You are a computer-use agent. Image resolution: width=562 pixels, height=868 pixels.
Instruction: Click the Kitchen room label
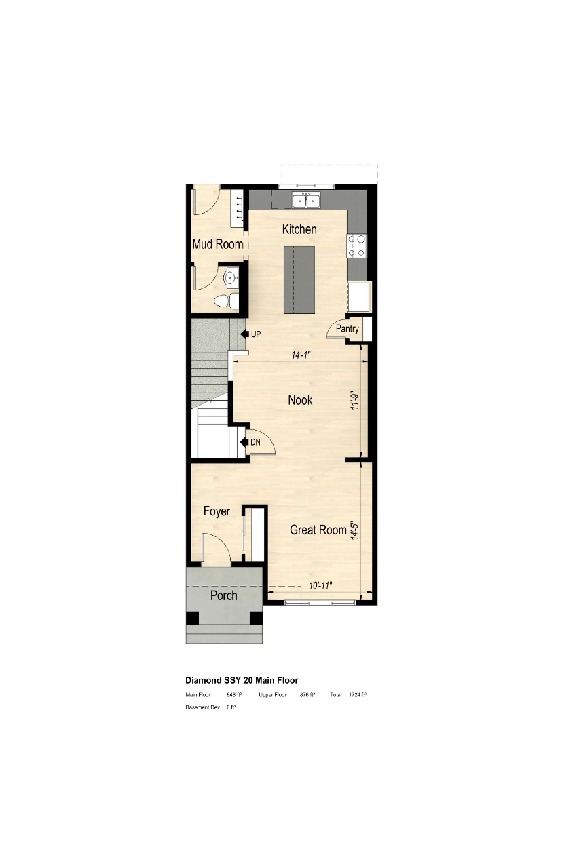click(299, 229)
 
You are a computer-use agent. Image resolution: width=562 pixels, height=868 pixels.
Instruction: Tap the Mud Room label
click(217, 244)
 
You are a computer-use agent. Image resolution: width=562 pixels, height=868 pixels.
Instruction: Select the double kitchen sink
click(305, 200)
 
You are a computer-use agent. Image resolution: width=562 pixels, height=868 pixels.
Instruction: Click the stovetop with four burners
click(356, 245)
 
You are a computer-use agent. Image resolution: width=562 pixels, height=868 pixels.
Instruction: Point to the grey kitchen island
click(300, 279)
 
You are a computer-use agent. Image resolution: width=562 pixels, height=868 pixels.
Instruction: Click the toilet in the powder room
click(226, 300)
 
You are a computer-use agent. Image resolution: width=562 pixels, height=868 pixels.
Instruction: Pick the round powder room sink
click(231, 277)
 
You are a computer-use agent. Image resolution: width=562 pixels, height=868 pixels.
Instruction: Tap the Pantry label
click(346, 329)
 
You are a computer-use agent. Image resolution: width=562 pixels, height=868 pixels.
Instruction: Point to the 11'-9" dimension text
click(354, 406)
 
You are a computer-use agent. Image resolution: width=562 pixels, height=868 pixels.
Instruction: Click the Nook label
click(300, 400)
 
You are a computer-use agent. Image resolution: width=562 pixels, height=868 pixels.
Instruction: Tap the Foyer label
click(217, 511)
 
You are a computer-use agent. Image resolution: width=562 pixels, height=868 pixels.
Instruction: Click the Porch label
click(223, 595)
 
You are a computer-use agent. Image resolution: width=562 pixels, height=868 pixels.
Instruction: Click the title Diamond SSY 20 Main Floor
click(242, 679)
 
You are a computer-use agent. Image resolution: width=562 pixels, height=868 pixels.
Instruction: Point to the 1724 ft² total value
click(358, 695)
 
